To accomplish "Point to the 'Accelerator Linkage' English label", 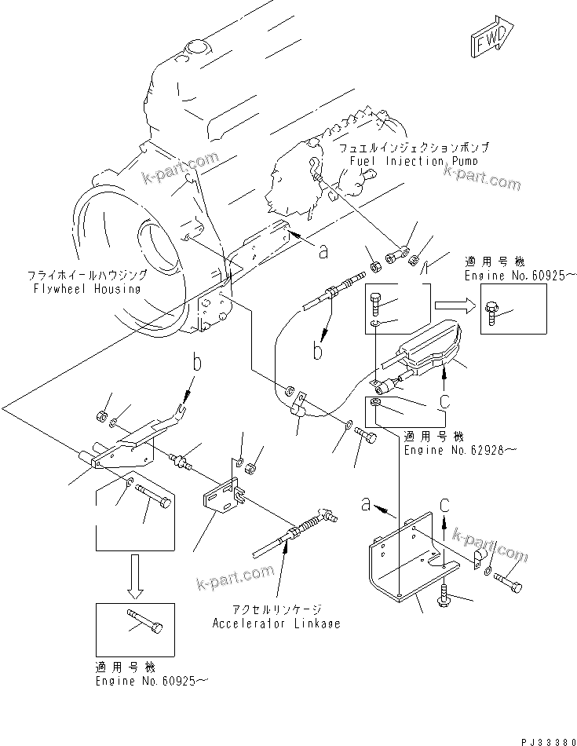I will click(276, 623).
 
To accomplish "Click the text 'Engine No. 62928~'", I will click(451, 451).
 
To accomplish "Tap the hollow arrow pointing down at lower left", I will click(136, 573).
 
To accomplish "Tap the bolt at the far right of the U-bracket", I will click(509, 582).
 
